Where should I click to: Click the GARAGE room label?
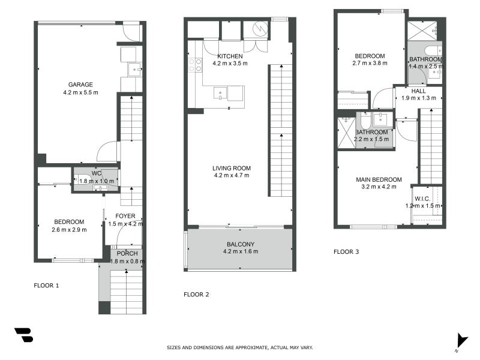tap(80, 85)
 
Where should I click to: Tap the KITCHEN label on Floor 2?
tap(230, 56)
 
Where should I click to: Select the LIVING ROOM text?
tap(231, 168)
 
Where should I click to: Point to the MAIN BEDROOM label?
tap(379, 179)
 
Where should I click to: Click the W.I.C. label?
tap(422, 199)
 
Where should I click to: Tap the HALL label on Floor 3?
tap(418, 91)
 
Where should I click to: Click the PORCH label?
tap(127, 253)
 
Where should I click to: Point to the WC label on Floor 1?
tap(96, 174)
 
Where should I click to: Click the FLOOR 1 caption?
tap(46, 286)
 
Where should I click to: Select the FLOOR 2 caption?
tap(196, 295)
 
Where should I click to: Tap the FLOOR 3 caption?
tap(346, 252)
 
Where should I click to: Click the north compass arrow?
tap(461, 340)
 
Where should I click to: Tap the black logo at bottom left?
tap(24, 335)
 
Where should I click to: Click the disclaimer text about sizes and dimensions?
tap(239, 347)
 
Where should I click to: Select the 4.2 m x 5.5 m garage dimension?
tap(80, 92)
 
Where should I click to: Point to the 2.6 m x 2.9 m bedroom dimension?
tap(69, 230)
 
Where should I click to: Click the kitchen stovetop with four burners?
tap(196, 64)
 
